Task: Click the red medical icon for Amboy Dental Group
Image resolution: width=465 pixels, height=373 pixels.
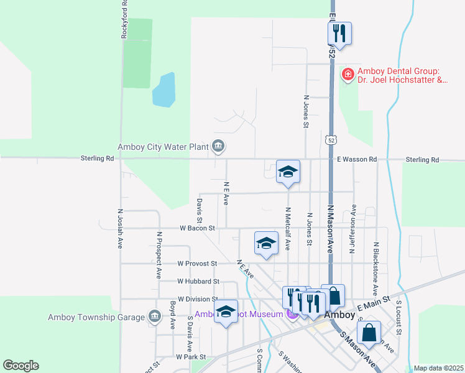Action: (348, 75)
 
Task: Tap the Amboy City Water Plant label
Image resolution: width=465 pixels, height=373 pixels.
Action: (165, 147)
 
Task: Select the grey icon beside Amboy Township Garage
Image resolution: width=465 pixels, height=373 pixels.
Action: (154, 317)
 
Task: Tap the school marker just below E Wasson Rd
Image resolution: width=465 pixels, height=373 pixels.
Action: (288, 172)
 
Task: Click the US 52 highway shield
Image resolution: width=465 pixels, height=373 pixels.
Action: (330, 139)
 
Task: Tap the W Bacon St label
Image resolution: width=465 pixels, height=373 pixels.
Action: (197, 228)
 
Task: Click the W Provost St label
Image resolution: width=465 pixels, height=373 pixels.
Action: (196, 264)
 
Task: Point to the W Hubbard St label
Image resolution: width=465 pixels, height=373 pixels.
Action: (198, 281)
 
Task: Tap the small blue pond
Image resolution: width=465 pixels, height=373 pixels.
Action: (163, 90)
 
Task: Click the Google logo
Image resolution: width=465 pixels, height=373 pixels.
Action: (21, 366)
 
